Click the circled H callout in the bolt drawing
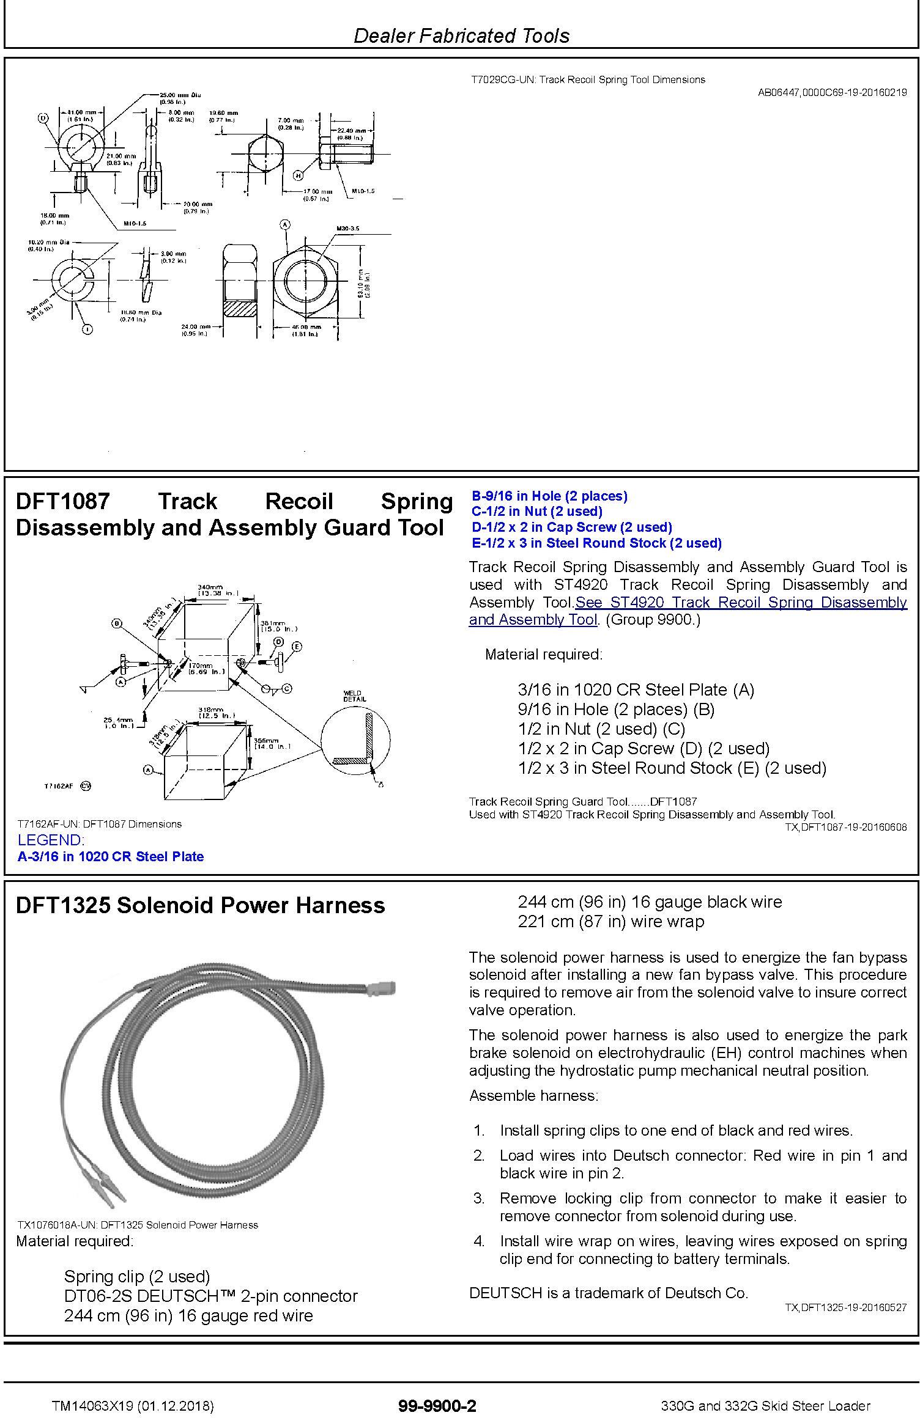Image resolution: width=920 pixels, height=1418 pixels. tap(299, 176)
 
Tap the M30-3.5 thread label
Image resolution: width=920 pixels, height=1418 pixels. tap(347, 229)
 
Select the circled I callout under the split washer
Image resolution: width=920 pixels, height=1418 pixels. tap(87, 329)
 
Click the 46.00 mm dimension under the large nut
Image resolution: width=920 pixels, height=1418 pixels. tap(305, 331)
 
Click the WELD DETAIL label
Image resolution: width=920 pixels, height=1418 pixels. tap(355, 696)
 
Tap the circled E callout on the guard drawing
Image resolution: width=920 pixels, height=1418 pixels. tap(297, 646)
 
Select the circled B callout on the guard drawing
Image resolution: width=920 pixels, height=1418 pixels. tap(116, 623)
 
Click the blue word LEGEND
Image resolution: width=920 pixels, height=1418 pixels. tap(51, 840)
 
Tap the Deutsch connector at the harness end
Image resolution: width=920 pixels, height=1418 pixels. tap(382, 988)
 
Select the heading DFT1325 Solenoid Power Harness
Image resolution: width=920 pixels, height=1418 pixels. tap(200, 905)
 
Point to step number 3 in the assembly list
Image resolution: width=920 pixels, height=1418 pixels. tap(479, 1199)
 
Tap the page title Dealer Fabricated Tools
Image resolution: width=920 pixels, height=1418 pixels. tap(461, 35)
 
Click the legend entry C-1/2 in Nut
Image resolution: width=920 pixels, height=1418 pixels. tap(536, 512)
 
